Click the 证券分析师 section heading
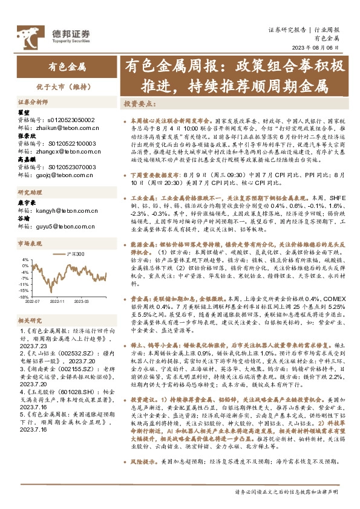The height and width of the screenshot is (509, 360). pos(32,103)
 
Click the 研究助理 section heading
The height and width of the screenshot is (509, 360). pos(28,193)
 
